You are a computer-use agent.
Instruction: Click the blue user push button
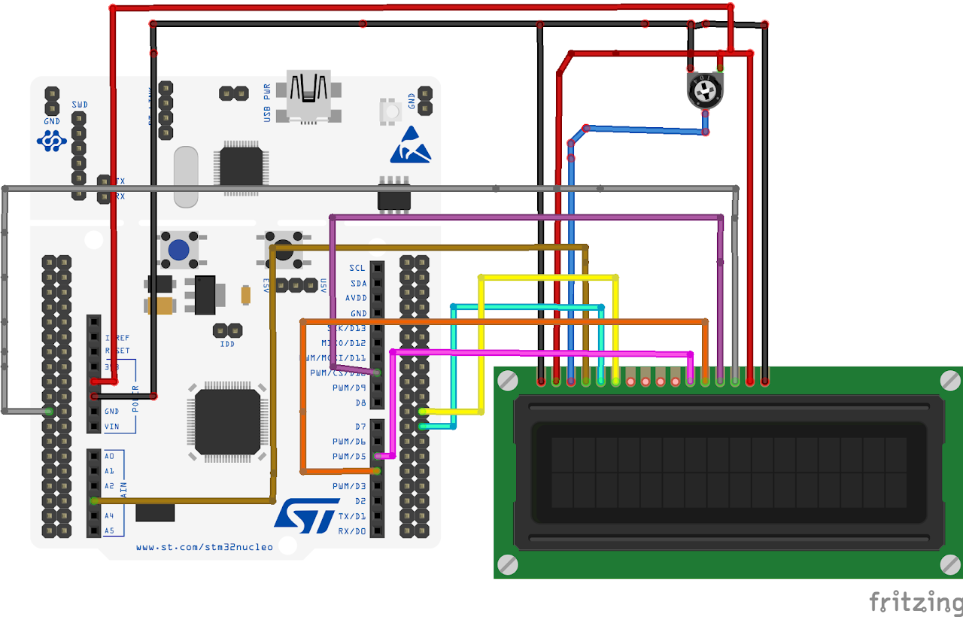pos(179,251)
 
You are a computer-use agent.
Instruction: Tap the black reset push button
pos(283,251)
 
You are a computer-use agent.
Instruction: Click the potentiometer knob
pos(705,92)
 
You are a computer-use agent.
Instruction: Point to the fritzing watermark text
pos(915,602)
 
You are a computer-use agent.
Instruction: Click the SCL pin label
pos(357,268)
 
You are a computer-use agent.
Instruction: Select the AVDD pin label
pos(355,298)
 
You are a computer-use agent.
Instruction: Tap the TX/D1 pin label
pos(352,516)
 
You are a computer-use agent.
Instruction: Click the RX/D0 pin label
pos(352,531)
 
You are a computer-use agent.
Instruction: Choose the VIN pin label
pos(111,427)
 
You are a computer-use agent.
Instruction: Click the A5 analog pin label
pos(109,530)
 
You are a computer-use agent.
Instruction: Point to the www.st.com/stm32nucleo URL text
pos(205,547)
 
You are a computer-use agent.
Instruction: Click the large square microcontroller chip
pos(227,421)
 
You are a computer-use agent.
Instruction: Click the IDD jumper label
pos(227,344)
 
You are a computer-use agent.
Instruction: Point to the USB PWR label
pos(267,102)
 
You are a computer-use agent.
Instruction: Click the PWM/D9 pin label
pos(349,388)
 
